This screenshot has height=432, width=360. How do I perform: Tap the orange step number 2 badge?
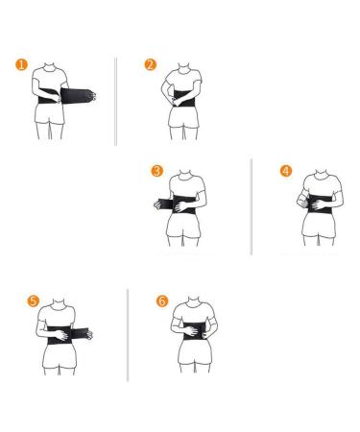pyautogui.click(x=150, y=65)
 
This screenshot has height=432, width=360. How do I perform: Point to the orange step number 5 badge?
pyautogui.click(x=35, y=300)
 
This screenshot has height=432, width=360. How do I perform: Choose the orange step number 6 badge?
pyautogui.click(x=161, y=300)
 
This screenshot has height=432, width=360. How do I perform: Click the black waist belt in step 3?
pyautogui.click(x=182, y=204)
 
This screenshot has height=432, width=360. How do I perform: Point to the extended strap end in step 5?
pyautogui.click(x=93, y=334)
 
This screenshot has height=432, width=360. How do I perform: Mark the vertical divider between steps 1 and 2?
pyautogui.click(x=115, y=100)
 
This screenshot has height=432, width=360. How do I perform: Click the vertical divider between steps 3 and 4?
pyautogui.click(x=251, y=206)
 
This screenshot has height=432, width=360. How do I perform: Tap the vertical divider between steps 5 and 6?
pyautogui.click(x=128, y=331)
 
